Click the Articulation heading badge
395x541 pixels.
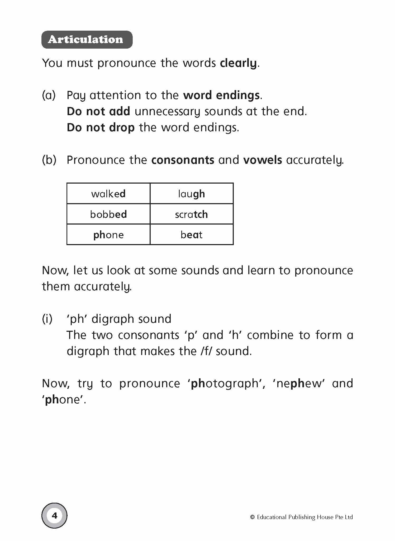tap(87, 40)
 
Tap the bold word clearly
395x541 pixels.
tap(238, 63)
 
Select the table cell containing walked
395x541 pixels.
tap(108, 194)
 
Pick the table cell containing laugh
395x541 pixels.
tap(192, 194)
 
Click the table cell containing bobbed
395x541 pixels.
tap(108, 214)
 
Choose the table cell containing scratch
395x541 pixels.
tap(192, 214)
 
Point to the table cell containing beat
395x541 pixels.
tap(192, 235)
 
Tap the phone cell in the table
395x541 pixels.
tap(108, 235)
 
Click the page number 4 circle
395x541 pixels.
tap(55, 515)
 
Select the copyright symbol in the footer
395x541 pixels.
tap(252, 517)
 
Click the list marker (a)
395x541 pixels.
tap(49, 95)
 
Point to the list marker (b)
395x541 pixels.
tap(49, 160)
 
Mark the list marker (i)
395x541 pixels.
tap(47, 319)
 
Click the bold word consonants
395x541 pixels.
tap(183, 160)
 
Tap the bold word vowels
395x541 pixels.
tap(263, 160)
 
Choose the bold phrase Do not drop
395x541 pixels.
tap(101, 128)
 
